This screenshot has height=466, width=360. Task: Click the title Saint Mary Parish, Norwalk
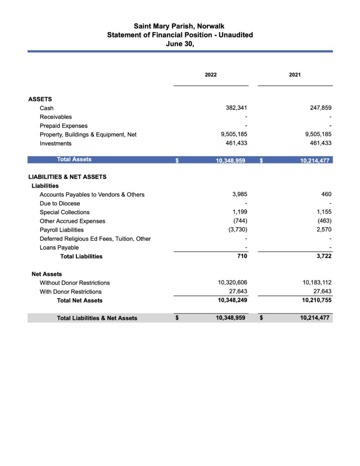point(179,26)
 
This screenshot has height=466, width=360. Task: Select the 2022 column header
point(211,75)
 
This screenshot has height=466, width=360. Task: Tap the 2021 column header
point(295,75)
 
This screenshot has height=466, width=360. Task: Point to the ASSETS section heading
point(40,99)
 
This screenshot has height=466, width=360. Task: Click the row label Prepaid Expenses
point(64,126)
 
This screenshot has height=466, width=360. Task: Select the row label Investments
point(56,143)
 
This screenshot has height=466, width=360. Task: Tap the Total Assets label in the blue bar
point(74,159)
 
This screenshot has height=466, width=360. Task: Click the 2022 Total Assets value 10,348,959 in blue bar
point(231,160)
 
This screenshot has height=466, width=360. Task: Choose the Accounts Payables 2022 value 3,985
point(239,194)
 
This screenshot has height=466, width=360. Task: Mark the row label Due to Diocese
point(60,203)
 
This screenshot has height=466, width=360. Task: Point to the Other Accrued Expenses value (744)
point(240,221)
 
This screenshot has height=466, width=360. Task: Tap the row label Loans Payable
point(59,248)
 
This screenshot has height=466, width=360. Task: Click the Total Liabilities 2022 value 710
point(242,256)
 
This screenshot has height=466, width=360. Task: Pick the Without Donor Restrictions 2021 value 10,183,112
point(315,283)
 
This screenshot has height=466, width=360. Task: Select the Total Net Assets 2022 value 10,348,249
point(231,300)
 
